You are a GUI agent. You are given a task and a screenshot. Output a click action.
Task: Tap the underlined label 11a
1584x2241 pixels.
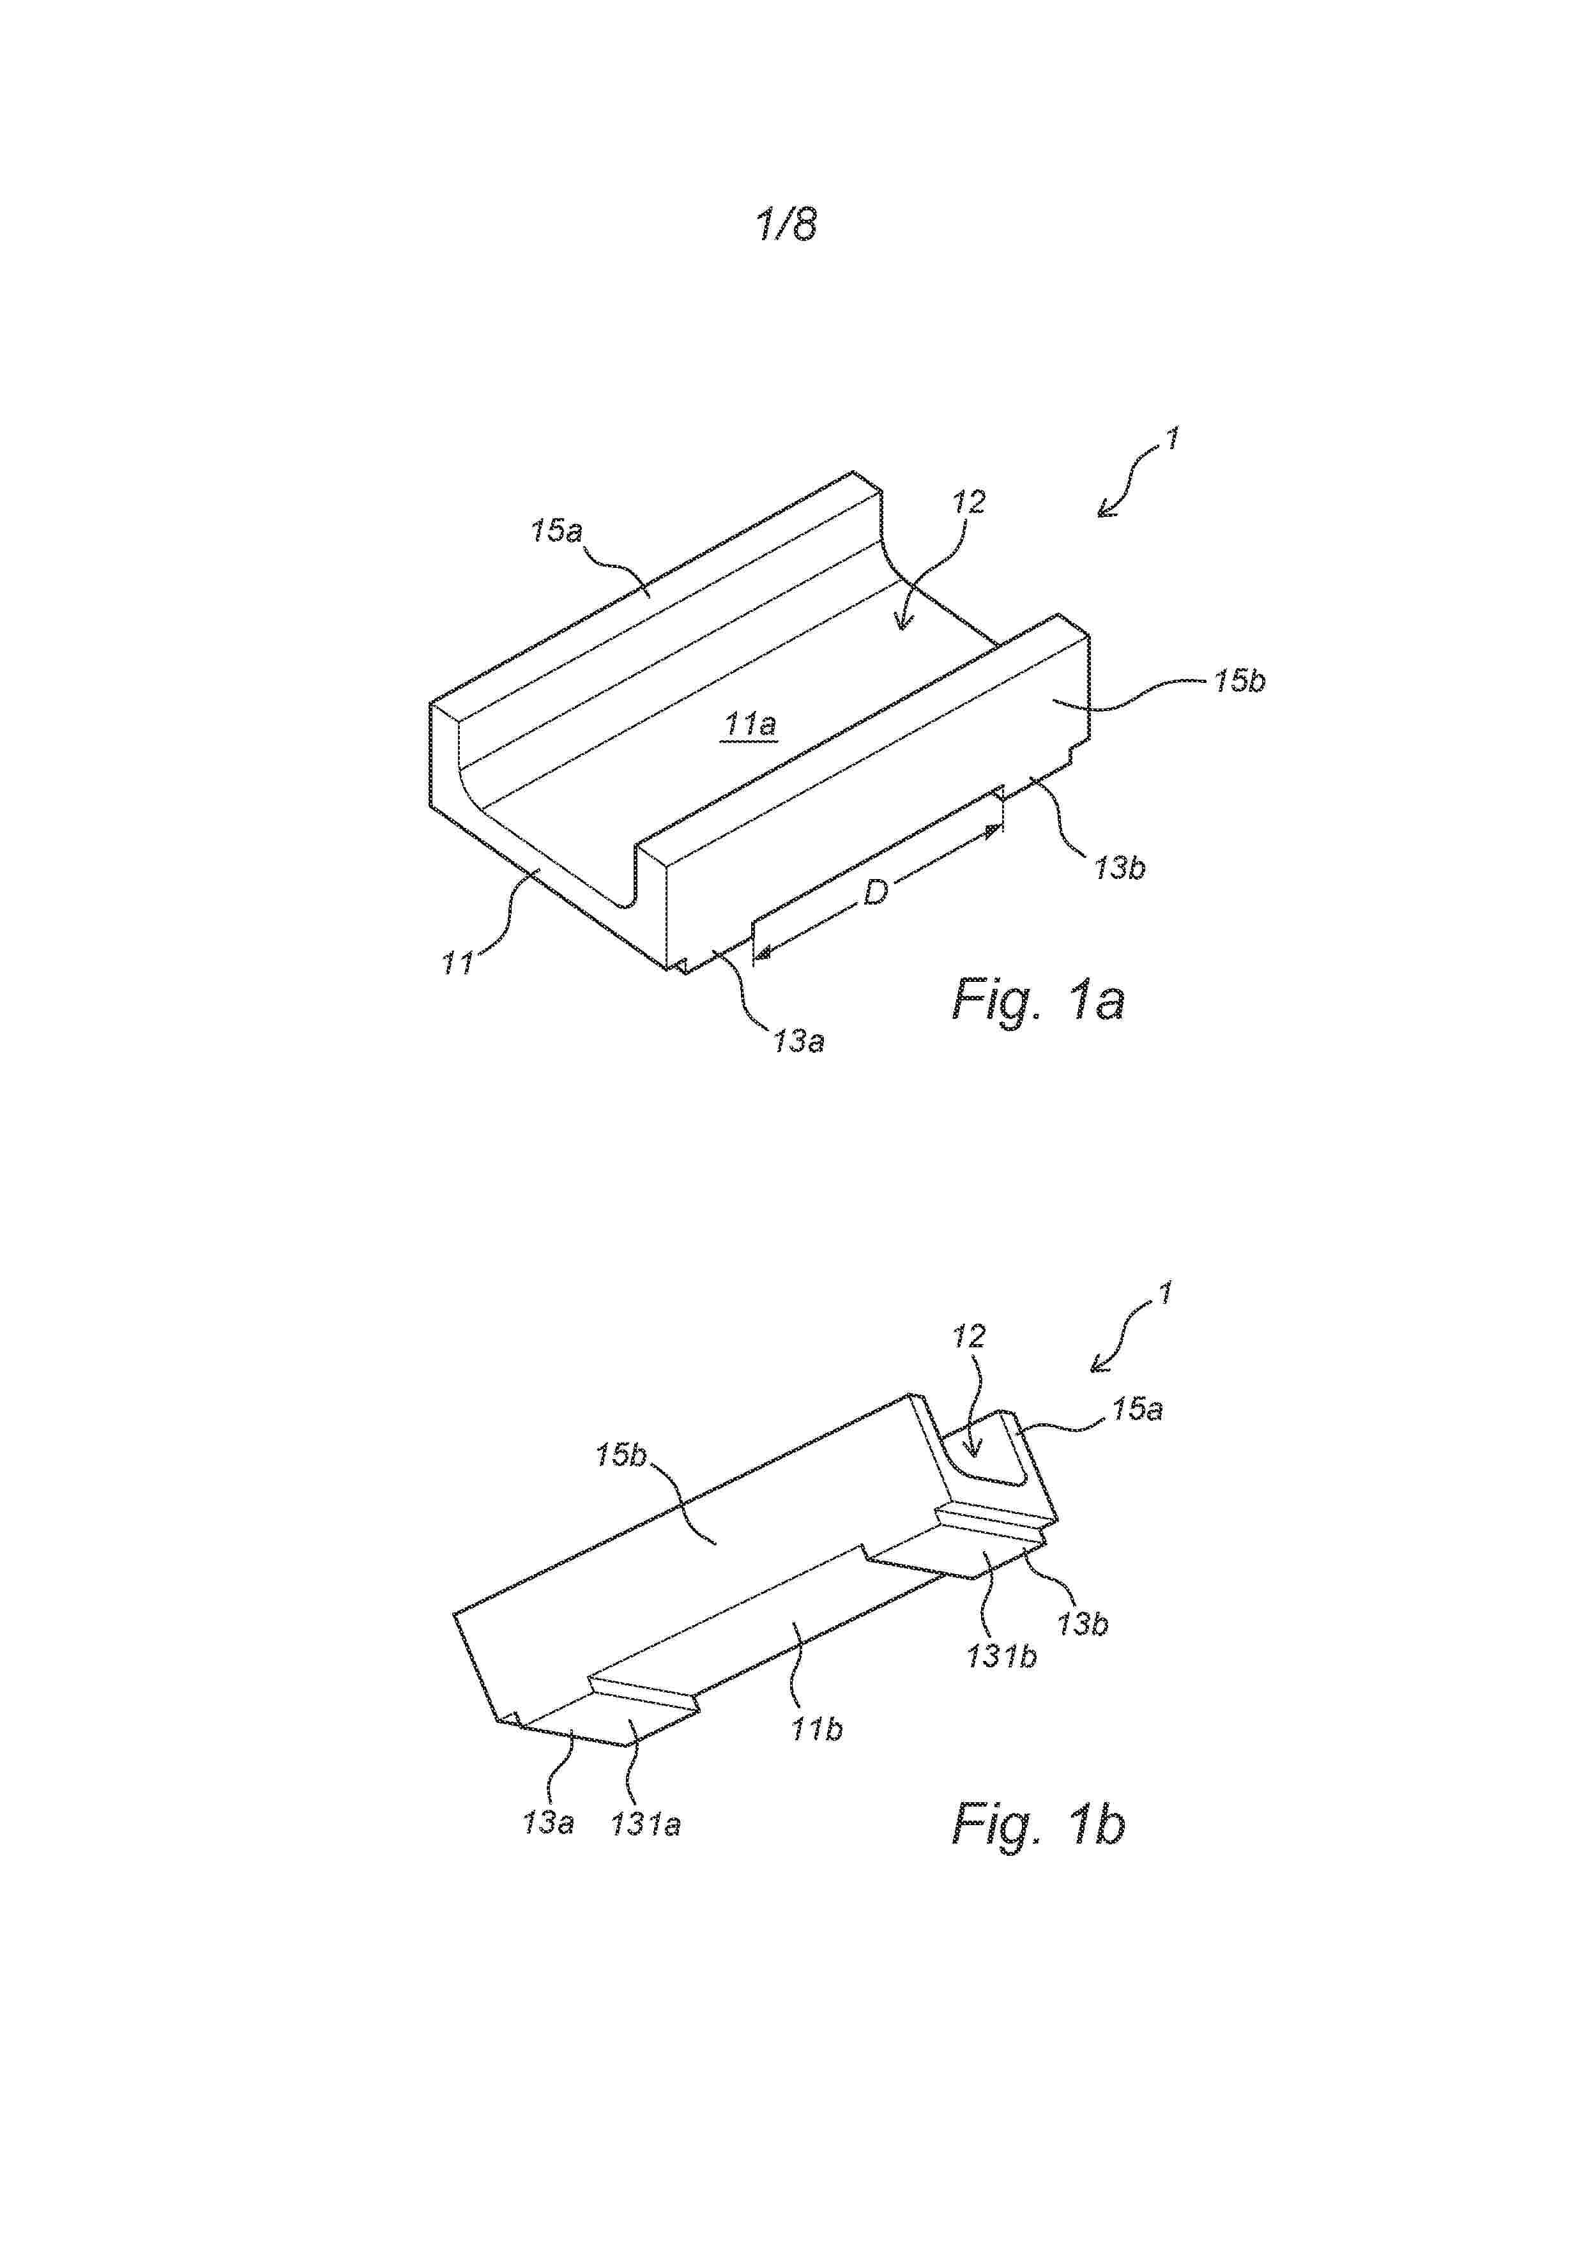point(750,725)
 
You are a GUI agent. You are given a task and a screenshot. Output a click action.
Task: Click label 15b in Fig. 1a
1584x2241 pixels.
point(1240,681)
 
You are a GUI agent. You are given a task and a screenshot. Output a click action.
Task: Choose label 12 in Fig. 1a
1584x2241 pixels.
point(969,503)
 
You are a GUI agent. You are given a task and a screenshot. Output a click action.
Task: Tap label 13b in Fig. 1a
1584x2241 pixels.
point(1120,868)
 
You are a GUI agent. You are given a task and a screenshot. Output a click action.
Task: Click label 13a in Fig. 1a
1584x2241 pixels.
point(798,1041)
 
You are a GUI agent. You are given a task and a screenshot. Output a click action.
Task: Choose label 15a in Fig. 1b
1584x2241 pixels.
point(1137,1409)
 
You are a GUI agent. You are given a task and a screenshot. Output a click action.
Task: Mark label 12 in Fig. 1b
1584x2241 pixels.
point(969,1336)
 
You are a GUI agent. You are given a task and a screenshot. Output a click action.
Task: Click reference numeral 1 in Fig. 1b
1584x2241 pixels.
point(1164,1294)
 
